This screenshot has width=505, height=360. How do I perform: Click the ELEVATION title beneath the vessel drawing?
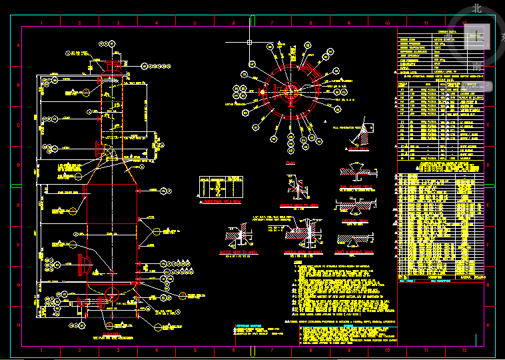pos(111,333)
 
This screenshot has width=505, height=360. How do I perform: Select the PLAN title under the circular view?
pos(290,162)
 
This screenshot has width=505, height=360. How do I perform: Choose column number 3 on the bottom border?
pos(118,349)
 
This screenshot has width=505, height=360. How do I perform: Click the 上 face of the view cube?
pos(476,36)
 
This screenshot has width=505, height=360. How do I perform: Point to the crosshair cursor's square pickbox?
pos(249,43)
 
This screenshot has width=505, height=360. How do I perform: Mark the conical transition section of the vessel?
pos(111,175)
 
